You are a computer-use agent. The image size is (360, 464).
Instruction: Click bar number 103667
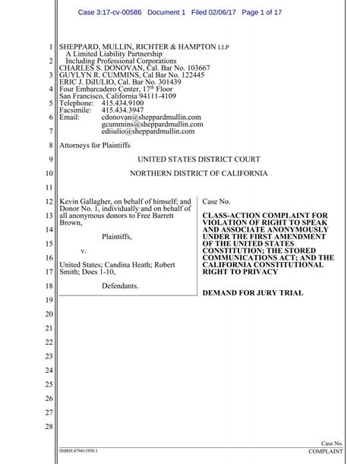pyautogui.click(x=194, y=67)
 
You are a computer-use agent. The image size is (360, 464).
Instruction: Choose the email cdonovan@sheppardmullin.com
pyautogui.click(x=151, y=117)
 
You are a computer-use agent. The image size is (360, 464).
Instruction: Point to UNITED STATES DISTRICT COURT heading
pyautogui.click(x=199, y=159)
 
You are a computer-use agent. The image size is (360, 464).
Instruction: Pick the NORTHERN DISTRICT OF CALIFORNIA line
pyautogui.click(x=199, y=173)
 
